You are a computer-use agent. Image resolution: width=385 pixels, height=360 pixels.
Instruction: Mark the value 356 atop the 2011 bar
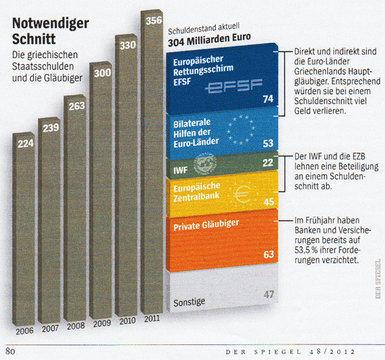(153, 21)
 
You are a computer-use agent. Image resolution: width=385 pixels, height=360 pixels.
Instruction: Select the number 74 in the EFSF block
(267, 99)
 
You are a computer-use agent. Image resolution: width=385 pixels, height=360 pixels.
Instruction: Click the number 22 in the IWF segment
(267, 163)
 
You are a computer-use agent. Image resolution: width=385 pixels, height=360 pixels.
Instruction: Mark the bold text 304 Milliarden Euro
(209, 42)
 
